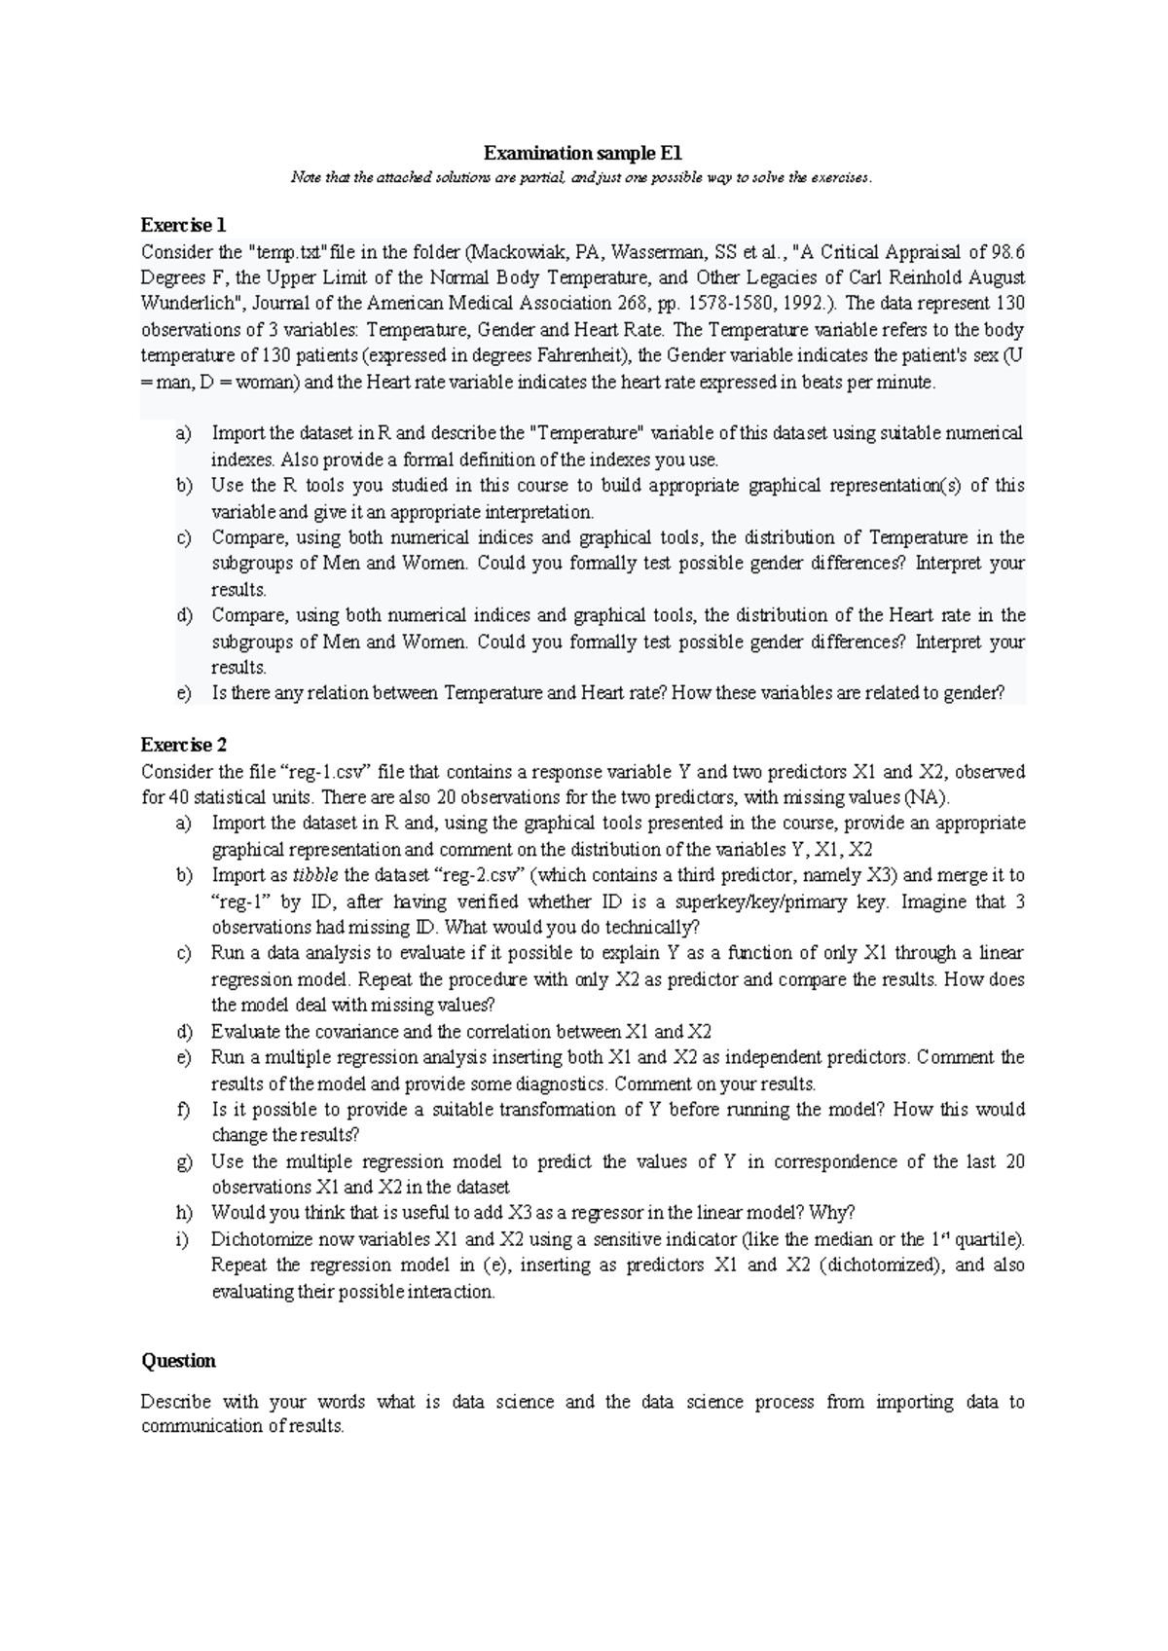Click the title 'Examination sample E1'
tap(583, 153)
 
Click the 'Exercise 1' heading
tap(184, 225)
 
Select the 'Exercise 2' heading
tap(184, 745)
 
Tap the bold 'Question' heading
tap(178, 1360)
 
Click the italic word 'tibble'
tap(316, 875)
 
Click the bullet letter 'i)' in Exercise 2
tap(182, 1239)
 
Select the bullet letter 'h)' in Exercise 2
tap(183, 1213)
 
